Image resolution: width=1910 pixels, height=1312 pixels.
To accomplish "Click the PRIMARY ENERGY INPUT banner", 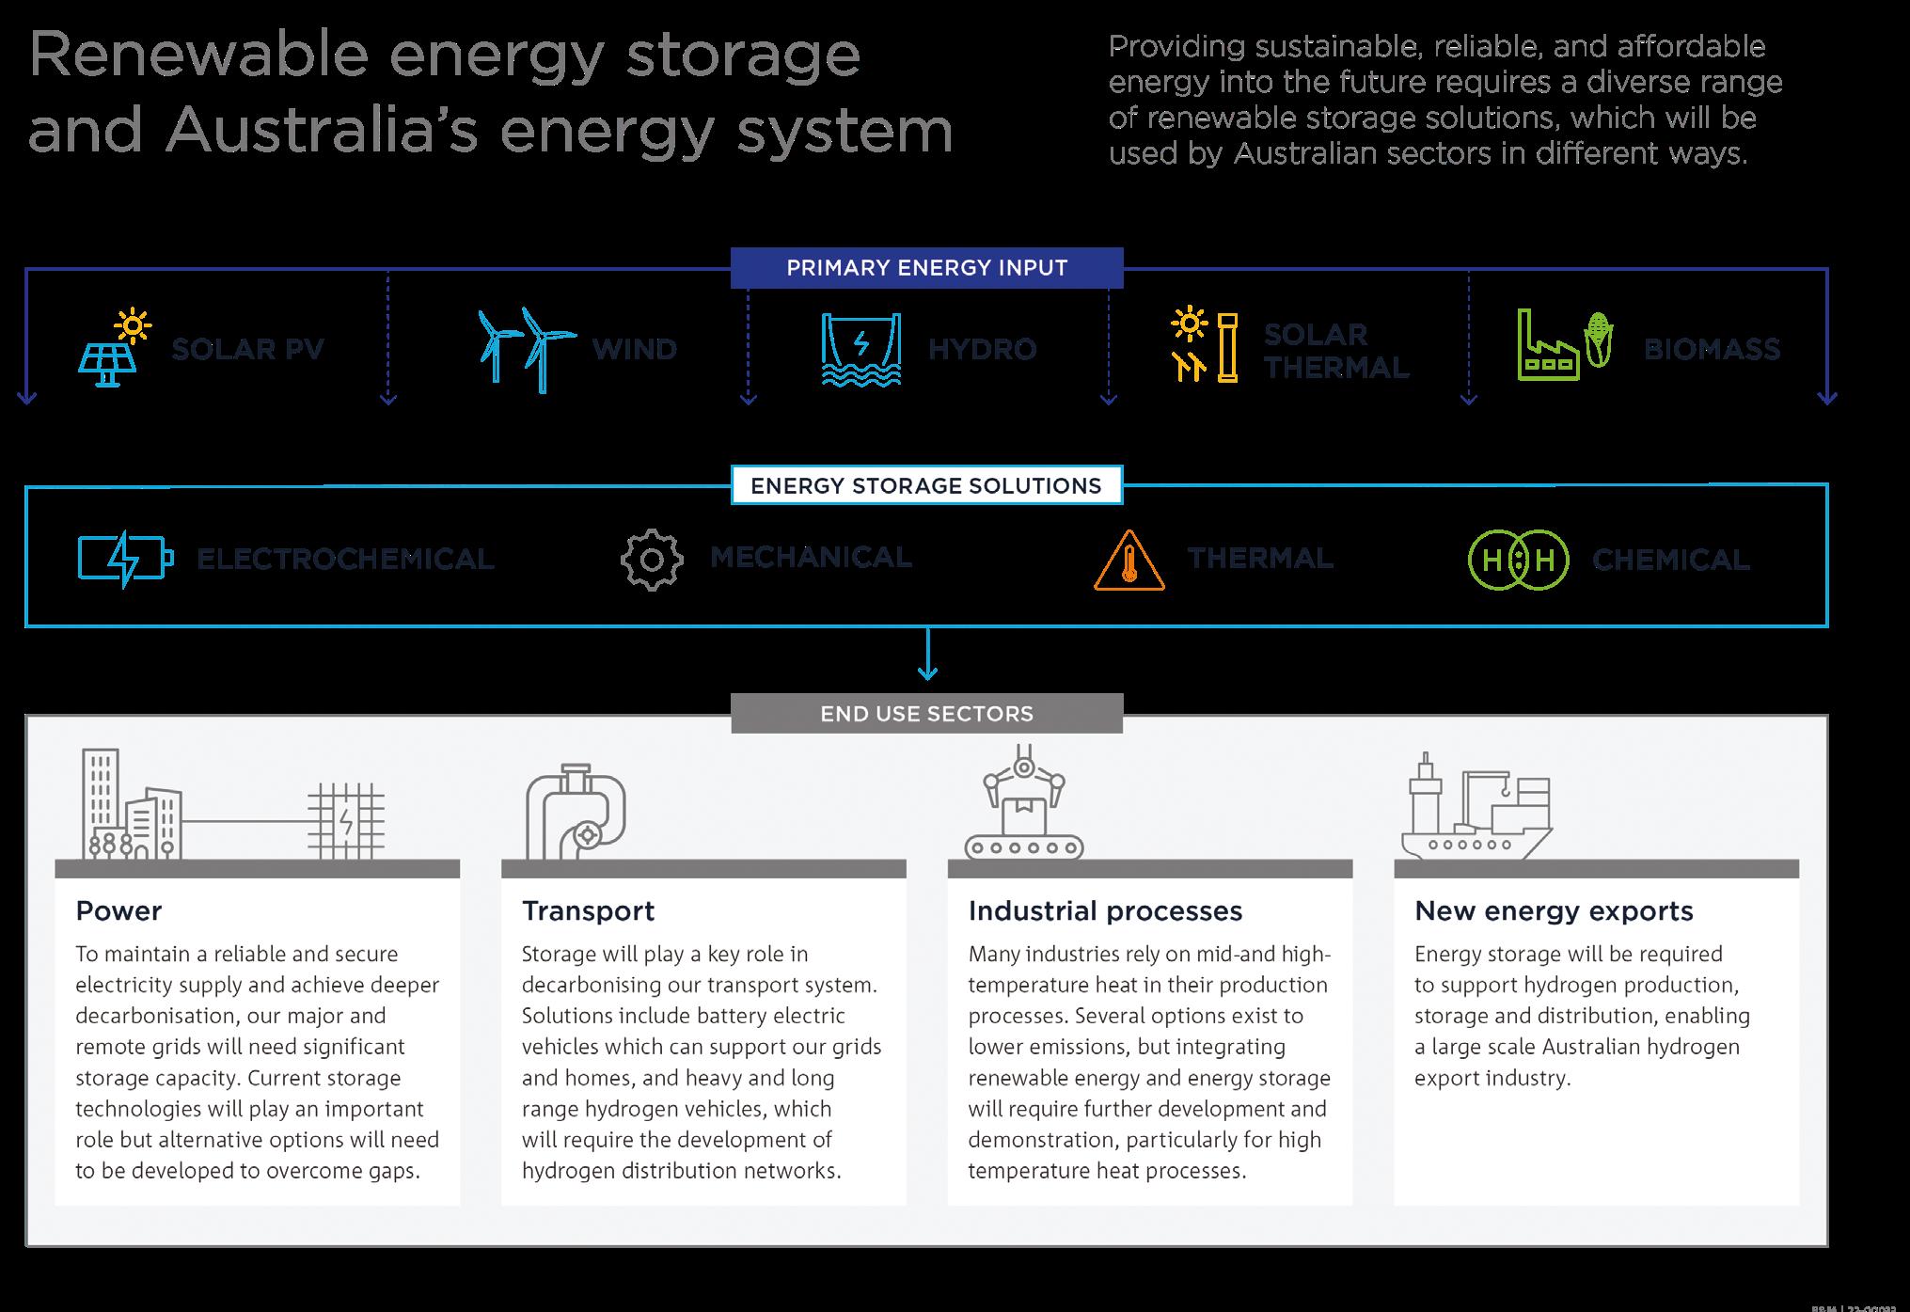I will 926,268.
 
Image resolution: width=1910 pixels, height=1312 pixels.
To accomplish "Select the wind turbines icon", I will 526,349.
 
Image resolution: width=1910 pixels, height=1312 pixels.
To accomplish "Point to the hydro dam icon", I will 860,349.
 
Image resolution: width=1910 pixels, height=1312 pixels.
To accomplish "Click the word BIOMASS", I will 1712,350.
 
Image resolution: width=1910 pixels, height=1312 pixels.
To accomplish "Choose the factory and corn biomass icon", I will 1564,346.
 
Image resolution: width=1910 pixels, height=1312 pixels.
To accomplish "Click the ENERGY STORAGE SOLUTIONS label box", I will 926,486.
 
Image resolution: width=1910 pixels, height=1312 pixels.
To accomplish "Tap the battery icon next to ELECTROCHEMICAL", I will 125,560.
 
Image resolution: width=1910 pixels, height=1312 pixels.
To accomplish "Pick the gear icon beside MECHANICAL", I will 651,560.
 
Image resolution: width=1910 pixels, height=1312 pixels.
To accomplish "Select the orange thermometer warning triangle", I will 1129,561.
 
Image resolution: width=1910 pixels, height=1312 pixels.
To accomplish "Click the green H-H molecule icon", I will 1518,561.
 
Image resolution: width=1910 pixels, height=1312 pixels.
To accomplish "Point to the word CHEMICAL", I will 1670,561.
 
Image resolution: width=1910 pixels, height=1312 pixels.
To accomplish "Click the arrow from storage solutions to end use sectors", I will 927,655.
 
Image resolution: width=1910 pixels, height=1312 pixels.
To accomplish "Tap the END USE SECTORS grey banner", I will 926,714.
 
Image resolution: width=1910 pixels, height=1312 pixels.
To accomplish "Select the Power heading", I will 118,911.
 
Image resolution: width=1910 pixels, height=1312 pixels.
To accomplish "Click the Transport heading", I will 588,911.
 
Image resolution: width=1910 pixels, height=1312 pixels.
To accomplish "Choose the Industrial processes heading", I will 1105,911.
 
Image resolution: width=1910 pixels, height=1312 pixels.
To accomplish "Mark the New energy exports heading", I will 1554,911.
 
